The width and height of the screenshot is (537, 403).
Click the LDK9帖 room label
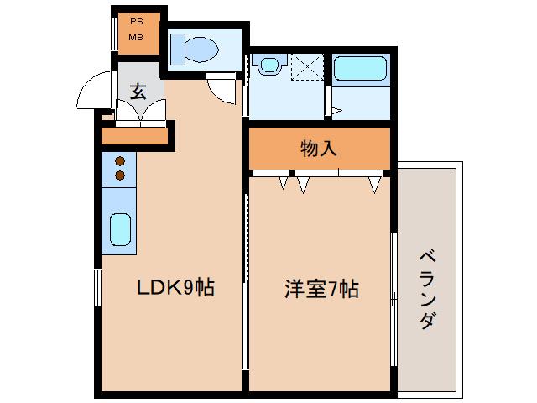pos(176,290)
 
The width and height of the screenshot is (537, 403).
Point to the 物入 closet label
pos(319,149)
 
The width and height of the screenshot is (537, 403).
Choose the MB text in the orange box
pos(135,38)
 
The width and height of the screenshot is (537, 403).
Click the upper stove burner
pos(120,161)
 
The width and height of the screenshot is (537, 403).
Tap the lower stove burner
pos(120,175)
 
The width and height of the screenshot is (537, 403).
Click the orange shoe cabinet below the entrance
pos(134,134)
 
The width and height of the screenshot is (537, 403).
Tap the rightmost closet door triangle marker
pos(373,183)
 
